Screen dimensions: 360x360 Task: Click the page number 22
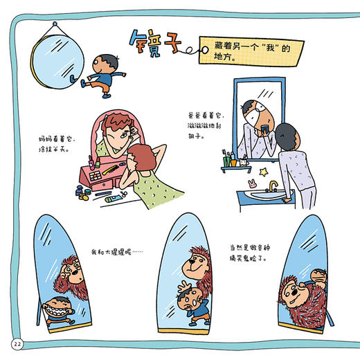coord(16,344)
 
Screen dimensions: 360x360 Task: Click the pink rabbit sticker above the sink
coord(251,183)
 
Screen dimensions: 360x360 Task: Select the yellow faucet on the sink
coord(273,186)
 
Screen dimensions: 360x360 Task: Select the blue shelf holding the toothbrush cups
coord(235,166)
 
